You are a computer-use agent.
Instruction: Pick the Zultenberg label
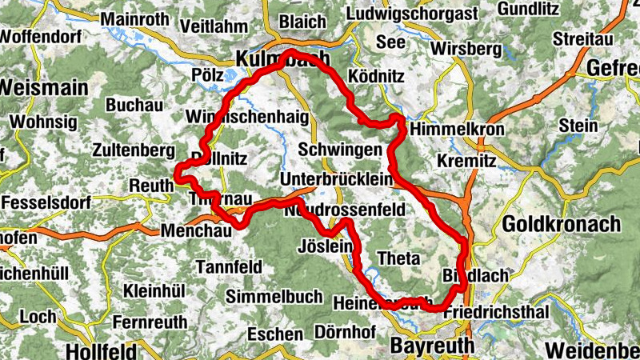[134, 150]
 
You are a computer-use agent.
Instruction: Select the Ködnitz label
[378, 76]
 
